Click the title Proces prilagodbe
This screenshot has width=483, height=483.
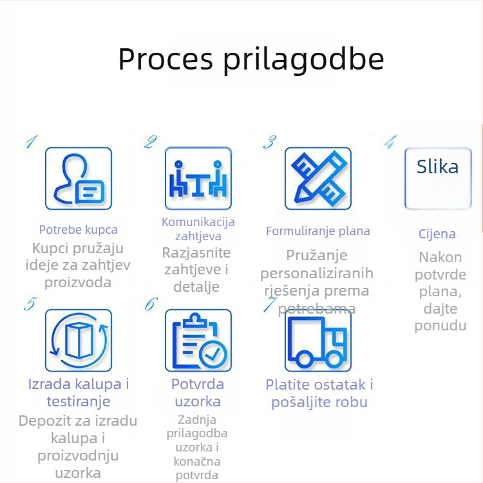(x=251, y=59)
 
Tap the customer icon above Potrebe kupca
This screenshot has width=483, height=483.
(x=78, y=178)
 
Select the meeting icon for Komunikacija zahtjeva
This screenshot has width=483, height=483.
(x=198, y=178)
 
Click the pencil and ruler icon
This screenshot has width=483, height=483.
(x=318, y=178)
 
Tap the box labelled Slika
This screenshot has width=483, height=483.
(x=438, y=178)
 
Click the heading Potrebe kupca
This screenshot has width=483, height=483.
(x=78, y=230)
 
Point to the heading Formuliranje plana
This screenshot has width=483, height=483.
(x=318, y=231)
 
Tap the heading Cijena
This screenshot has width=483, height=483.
(x=437, y=234)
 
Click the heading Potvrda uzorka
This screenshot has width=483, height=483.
(x=198, y=393)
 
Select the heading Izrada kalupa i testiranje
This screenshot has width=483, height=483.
(x=79, y=393)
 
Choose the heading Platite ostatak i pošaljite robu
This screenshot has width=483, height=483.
(x=319, y=393)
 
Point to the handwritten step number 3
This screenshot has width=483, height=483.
(x=270, y=142)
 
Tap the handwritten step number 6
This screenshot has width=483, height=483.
(x=150, y=303)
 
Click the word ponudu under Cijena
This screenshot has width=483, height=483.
(x=440, y=326)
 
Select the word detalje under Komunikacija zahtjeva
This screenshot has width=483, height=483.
(x=196, y=287)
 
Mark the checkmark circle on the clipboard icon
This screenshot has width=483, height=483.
(x=213, y=354)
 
